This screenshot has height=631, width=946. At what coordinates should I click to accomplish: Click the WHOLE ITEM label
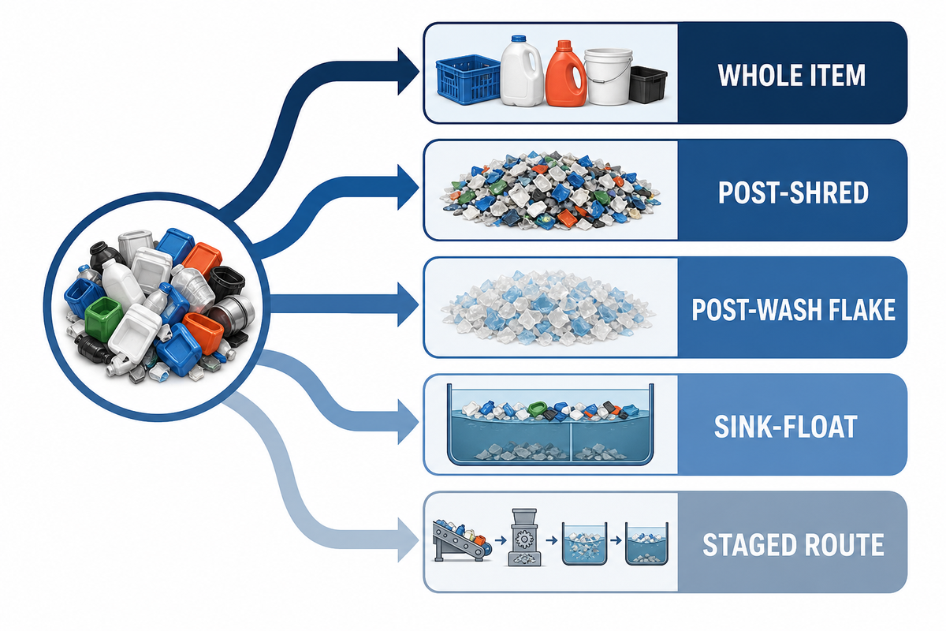click(x=791, y=75)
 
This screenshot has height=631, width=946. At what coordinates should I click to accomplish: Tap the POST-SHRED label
click(x=793, y=192)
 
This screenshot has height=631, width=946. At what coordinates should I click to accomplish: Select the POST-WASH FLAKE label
click(x=794, y=310)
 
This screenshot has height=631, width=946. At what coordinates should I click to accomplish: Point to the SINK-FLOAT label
click(x=786, y=427)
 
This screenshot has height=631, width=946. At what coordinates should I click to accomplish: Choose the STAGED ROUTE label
click(x=793, y=544)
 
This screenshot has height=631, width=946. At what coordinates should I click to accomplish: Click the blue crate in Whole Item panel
click(x=468, y=79)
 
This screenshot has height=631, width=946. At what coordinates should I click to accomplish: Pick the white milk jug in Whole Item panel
click(x=522, y=70)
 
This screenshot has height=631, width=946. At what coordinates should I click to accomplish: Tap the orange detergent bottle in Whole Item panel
click(x=565, y=73)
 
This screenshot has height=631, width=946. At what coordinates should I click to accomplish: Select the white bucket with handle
click(x=609, y=77)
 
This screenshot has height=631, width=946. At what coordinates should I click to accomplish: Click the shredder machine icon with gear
click(x=524, y=537)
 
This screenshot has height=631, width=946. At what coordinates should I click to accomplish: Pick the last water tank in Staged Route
click(x=646, y=543)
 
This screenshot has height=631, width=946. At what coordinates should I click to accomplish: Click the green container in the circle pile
click(x=103, y=317)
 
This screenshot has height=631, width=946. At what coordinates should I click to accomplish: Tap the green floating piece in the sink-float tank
click(x=538, y=408)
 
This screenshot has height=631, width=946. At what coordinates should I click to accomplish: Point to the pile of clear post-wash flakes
click(x=548, y=308)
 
